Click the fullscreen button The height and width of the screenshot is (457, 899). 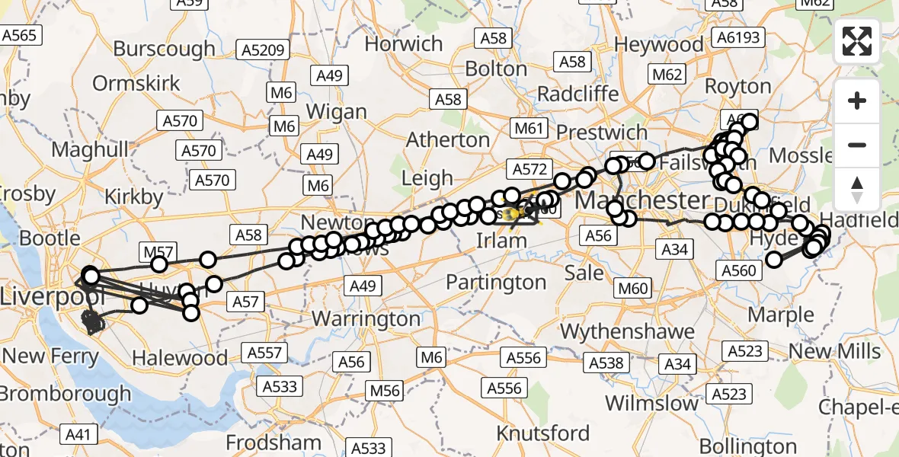[857, 41]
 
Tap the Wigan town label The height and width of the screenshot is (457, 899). [336, 111]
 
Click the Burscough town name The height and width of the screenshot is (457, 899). [164, 49]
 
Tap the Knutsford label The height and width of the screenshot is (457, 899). [543, 433]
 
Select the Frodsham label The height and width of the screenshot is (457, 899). [274, 442]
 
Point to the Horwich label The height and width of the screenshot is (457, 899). [403, 43]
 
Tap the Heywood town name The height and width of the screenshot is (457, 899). [659, 44]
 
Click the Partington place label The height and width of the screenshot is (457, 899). [496, 282]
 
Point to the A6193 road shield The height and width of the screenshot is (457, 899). [738, 36]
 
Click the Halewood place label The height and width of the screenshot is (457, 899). [179, 357]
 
